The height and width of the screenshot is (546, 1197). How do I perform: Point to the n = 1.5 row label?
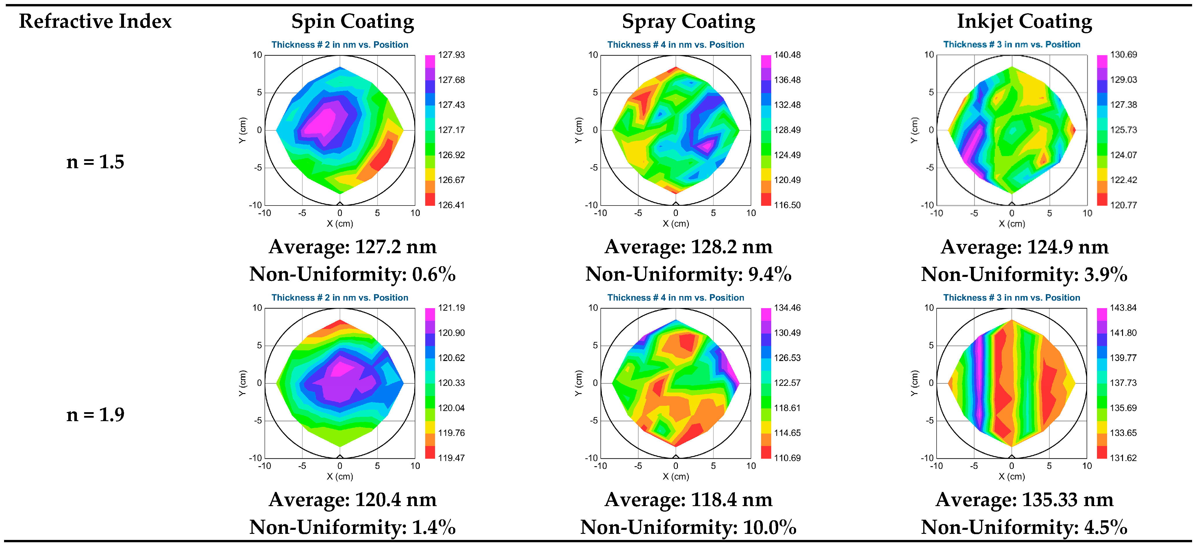pos(95,162)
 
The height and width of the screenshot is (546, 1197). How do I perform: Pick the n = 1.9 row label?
pos(95,414)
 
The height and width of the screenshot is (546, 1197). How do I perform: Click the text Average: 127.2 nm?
pos(352,247)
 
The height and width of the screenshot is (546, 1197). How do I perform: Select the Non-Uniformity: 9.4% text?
pos(688,274)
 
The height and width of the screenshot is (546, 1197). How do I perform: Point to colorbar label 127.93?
pos(451,55)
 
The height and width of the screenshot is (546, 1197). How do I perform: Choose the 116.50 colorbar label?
pos(787,205)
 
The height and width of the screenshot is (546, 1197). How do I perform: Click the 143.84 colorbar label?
pos(1123,308)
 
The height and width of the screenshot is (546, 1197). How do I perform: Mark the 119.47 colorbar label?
pos(451,458)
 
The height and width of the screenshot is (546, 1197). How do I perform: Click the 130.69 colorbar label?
pos(1123,55)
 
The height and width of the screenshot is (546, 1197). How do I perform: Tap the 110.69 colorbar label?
pos(787,458)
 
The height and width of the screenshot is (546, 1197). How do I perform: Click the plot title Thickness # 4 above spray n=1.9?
pos(675,297)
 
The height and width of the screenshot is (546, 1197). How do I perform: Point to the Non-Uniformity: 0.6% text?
pos(352,274)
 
